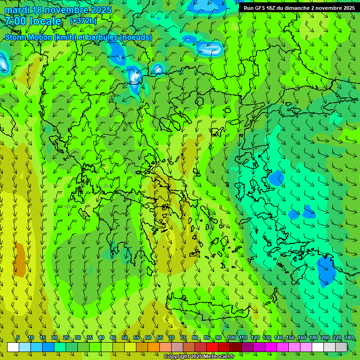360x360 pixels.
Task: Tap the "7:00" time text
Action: (x=16, y=21)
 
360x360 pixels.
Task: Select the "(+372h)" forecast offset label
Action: (x=83, y=21)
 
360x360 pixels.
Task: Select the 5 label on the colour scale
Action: (x=18, y=337)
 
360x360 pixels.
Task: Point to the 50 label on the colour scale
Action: (x=125, y=337)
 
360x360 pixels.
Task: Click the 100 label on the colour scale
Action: (x=231, y=337)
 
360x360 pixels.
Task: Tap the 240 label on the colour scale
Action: (x=349, y=337)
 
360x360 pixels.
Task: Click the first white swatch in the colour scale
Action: (x=13, y=347)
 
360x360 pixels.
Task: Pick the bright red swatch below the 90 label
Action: (x=212, y=347)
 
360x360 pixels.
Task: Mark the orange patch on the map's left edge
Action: (x=20, y=260)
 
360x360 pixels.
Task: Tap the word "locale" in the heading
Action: (x=45, y=21)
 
